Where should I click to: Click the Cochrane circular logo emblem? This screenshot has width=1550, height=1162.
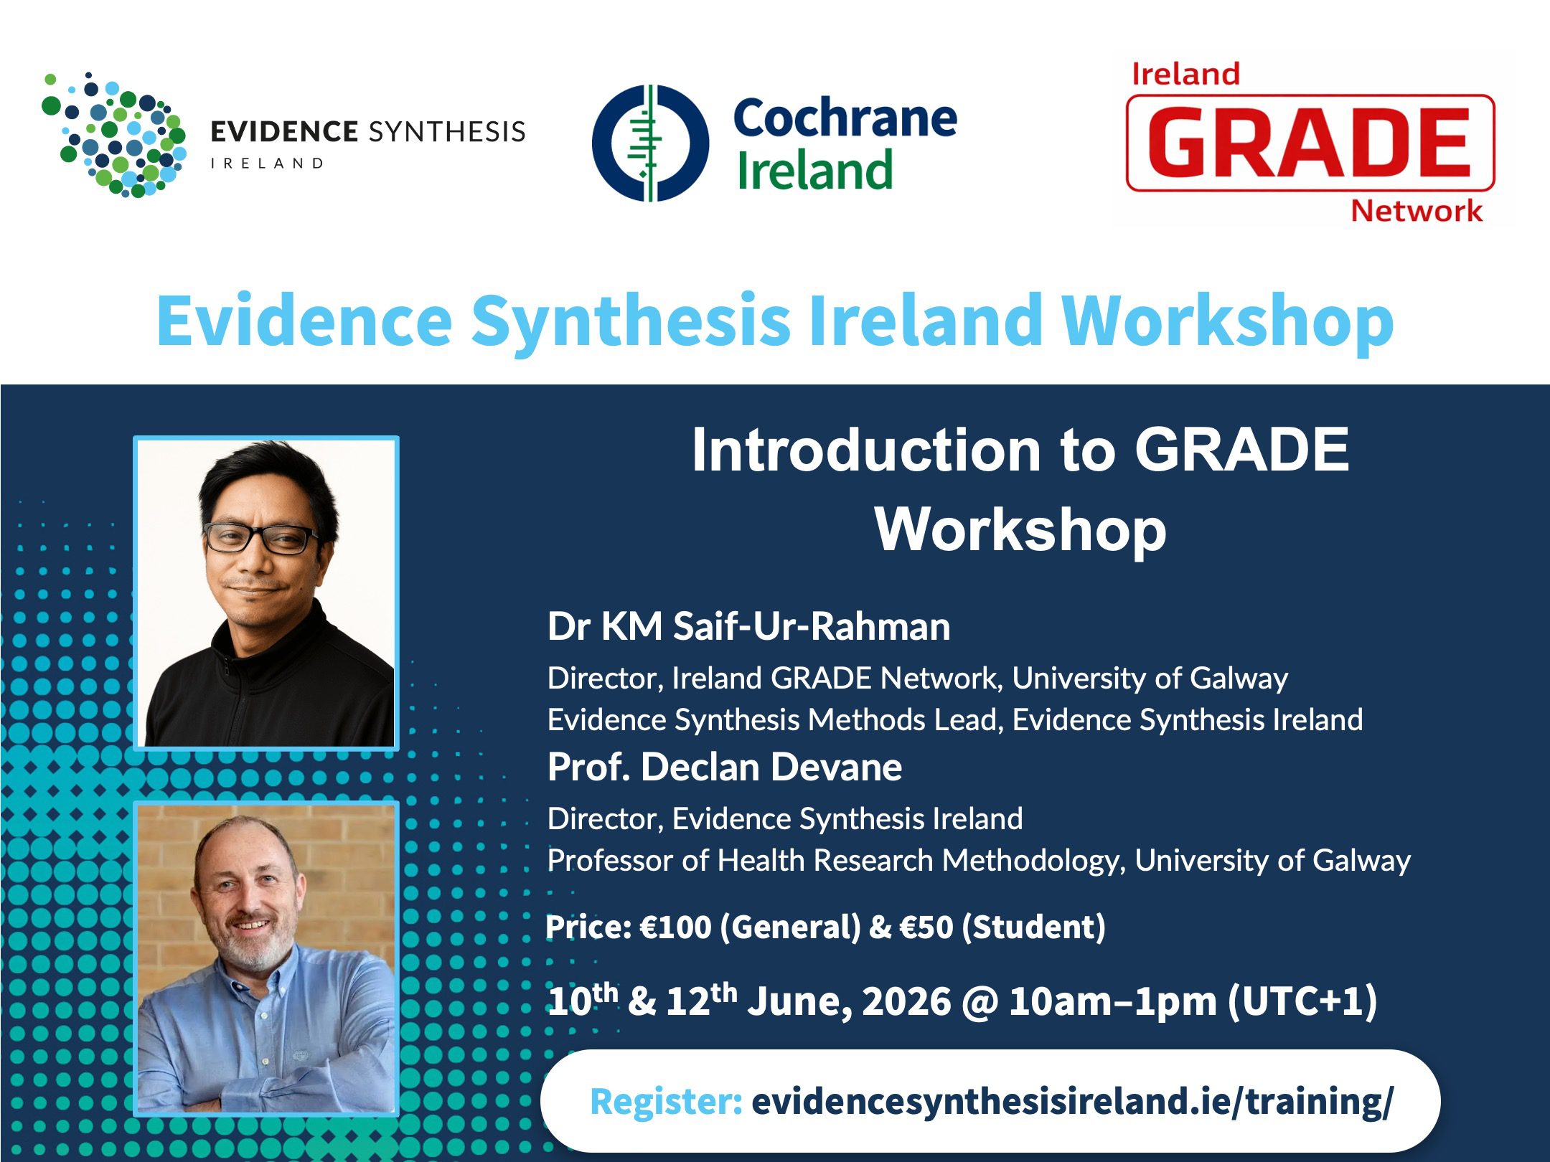[x=650, y=143]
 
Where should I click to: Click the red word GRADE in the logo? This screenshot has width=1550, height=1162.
[x=1310, y=142]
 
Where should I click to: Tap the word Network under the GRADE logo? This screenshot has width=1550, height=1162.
[x=1417, y=211]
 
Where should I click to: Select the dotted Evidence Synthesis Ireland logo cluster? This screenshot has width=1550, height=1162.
[x=113, y=134]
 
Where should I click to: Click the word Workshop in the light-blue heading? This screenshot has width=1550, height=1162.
[x=1227, y=322]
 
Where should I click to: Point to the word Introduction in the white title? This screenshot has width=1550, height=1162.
[x=866, y=450]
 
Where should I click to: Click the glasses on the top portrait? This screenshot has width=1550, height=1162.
[x=261, y=537]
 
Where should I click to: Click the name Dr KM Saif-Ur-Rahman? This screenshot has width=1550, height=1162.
[x=748, y=626]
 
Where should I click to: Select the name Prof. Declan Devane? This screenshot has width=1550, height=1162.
[x=725, y=767]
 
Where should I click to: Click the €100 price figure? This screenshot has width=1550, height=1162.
[x=675, y=927]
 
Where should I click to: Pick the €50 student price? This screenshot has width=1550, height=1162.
[x=926, y=927]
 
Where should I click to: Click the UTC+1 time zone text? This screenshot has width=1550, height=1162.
[x=1302, y=1001]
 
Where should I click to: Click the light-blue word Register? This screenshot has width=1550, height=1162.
[x=666, y=1101]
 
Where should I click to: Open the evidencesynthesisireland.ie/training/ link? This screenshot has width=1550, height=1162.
[x=1072, y=1101]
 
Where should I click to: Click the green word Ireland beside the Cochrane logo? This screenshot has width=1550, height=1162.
[x=815, y=171]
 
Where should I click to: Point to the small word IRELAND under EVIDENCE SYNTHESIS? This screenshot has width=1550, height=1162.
[x=267, y=164]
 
